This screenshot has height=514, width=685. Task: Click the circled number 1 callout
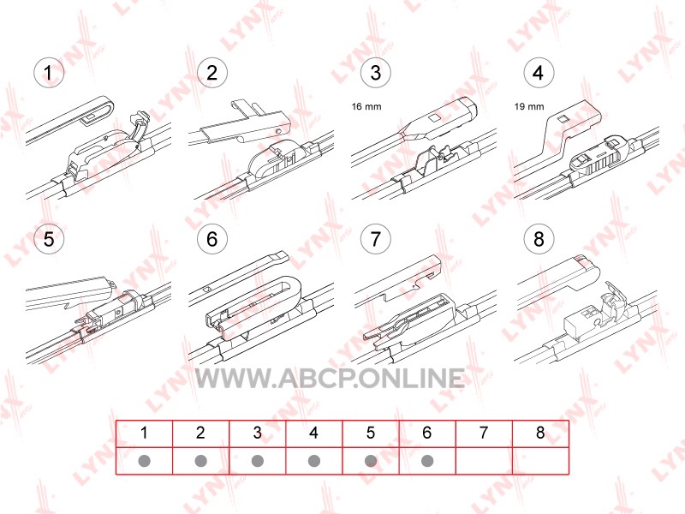pos(49,73)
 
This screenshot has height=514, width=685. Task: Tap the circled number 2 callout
pos(211,73)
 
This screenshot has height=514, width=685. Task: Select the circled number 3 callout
pos(375,73)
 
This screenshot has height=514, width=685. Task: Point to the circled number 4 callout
pos(539,73)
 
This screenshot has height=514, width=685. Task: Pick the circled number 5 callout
pos(49,239)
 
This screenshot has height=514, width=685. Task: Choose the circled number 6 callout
pos(211,239)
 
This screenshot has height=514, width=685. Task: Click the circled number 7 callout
pos(375,239)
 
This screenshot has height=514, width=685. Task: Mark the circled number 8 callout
pos(539,239)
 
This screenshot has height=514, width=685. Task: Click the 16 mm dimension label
pos(366,106)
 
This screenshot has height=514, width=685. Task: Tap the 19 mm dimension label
pos(529,106)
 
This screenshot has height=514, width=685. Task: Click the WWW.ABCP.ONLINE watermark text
pos(330,378)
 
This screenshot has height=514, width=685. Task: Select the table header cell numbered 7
pos(484,433)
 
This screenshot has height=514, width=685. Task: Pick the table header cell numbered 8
pos(540,433)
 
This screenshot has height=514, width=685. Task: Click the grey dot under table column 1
pos(144,461)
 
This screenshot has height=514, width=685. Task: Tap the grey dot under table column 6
pos(427,461)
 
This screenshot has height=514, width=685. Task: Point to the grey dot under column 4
pos(314,461)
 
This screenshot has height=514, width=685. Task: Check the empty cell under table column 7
pos(484,461)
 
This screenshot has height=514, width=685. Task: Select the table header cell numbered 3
pos(258,433)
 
